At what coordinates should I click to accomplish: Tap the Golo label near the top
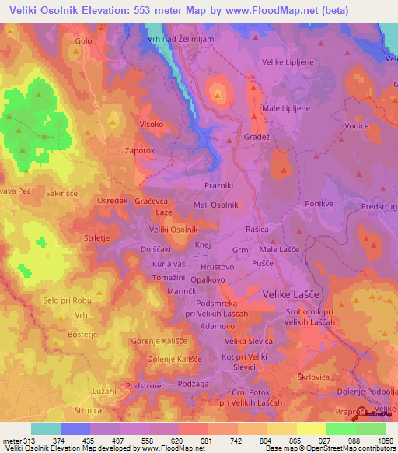coord(83,40)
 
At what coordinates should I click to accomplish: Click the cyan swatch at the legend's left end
coord(45,429)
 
